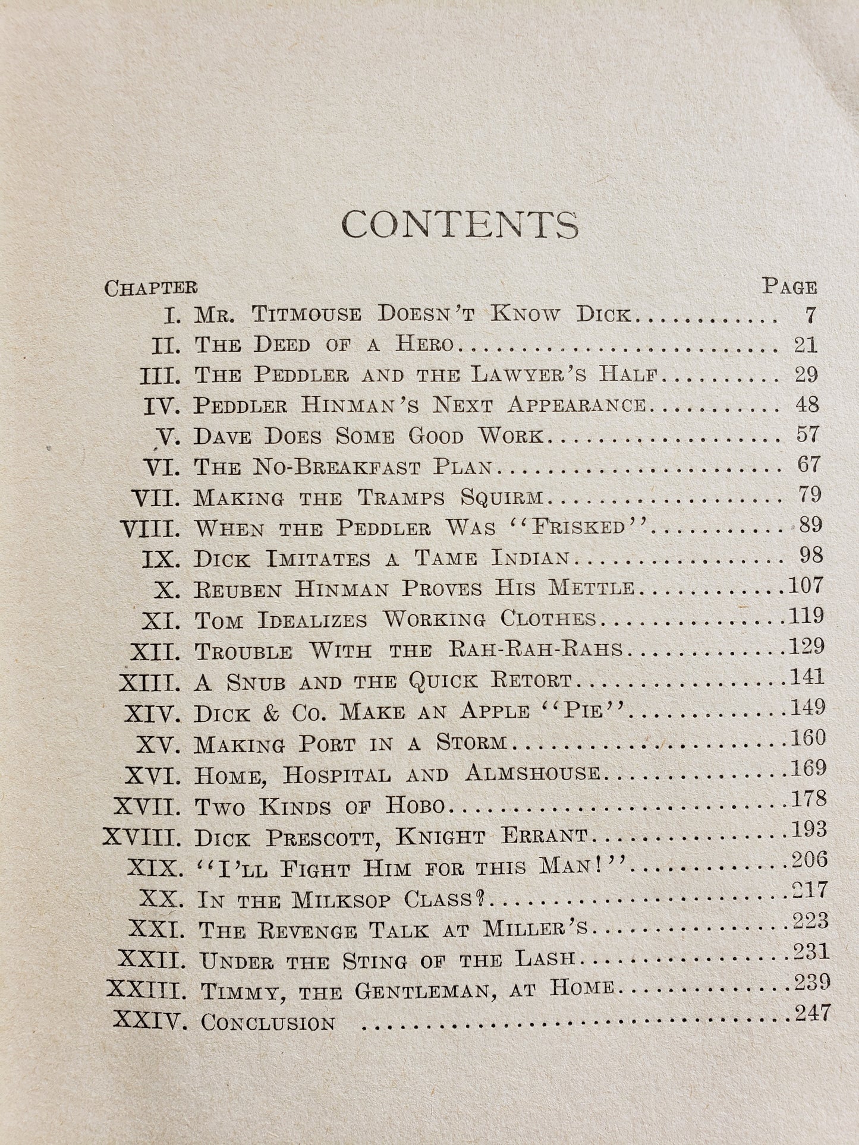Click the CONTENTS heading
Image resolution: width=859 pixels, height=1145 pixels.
(460, 225)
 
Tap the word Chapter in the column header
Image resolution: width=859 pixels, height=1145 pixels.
(150, 288)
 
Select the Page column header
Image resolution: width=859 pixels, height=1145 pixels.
(789, 287)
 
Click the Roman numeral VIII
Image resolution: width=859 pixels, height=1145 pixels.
(150, 528)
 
